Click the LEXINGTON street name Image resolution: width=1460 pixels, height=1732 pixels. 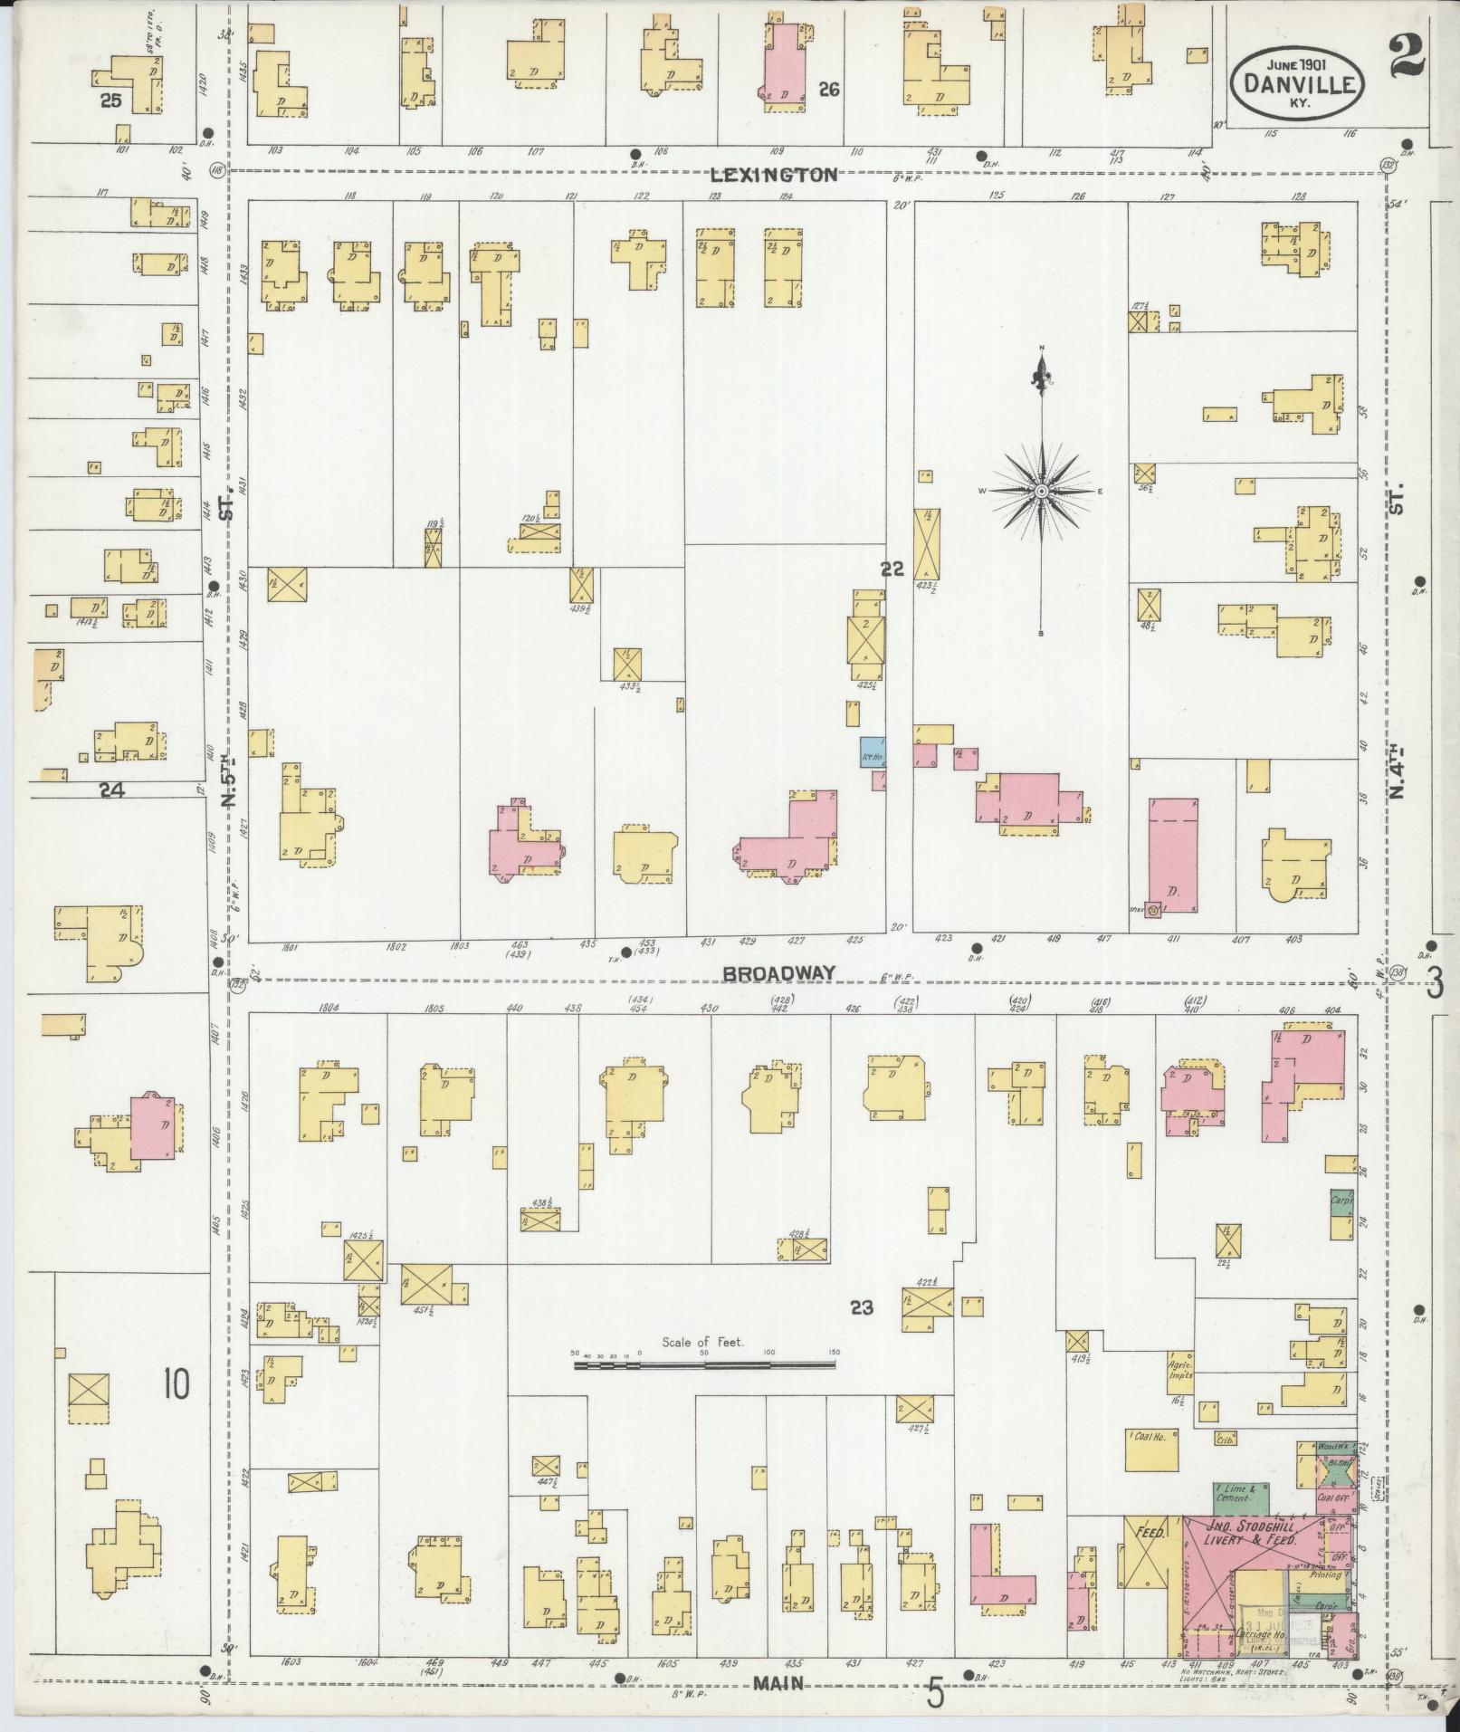coord(774,176)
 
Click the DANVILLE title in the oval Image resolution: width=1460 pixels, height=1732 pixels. coord(1297,85)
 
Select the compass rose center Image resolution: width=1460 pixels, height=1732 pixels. coord(1042,491)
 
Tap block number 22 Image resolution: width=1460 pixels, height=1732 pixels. coord(892,569)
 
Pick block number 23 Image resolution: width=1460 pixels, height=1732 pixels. coord(861,1307)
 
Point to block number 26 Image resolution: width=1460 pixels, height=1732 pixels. coord(828,89)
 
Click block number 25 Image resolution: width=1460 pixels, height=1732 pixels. coord(111,101)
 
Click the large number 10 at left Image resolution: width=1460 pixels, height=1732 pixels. coord(177,1383)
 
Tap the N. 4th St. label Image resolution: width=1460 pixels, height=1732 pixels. coord(1398,770)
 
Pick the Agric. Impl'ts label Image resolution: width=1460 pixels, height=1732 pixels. coord(1178,1393)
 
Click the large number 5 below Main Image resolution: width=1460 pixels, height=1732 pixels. coord(935,1692)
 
